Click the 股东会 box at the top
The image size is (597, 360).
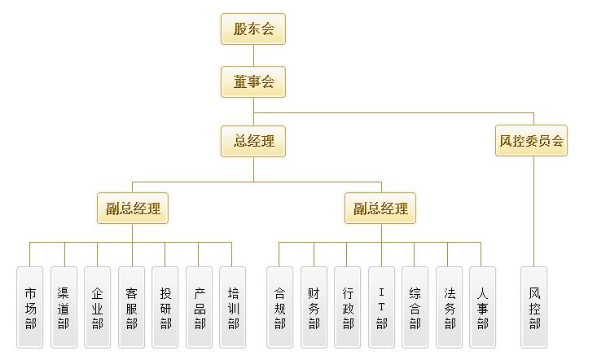(x=253, y=29)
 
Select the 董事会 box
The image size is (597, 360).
(x=253, y=81)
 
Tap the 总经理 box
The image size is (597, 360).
(x=253, y=141)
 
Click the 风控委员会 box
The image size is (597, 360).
(x=531, y=141)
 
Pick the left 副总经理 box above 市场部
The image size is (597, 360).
(x=133, y=209)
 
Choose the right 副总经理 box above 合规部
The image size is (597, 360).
(x=380, y=209)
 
